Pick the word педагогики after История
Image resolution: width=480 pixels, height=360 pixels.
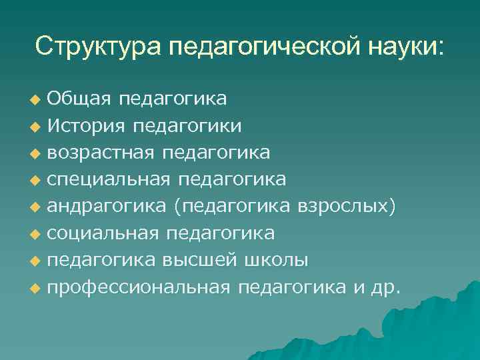point(188,126)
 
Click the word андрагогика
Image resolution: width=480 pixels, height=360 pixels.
point(107,206)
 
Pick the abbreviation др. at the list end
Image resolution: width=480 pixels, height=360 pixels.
point(385,287)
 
